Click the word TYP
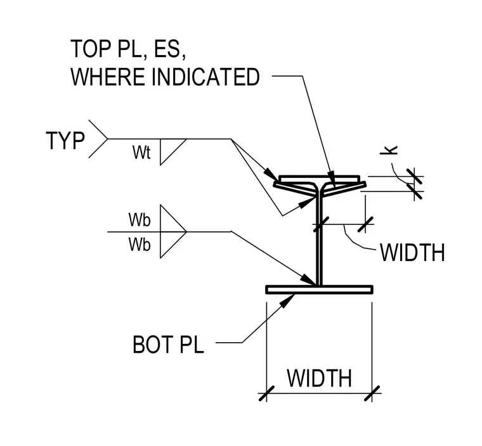tap(65, 141)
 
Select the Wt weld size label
tap(141, 152)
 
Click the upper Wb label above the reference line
tap(140, 220)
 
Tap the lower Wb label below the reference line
tap(140, 245)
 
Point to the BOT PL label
tap(168, 345)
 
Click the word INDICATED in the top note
tap(205, 77)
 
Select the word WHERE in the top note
tap(108, 77)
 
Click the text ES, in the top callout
tap(170, 49)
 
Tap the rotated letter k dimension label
tap(389, 150)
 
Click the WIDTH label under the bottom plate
tap(320, 378)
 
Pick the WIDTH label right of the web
tap(412, 253)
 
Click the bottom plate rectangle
tap(320, 290)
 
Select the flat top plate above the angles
tap(320, 179)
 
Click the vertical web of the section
tap(320, 239)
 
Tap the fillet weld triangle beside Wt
tap(173, 152)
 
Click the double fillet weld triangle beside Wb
tap(173, 231)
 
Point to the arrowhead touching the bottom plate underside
tap(287, 301)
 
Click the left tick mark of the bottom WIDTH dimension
tap(266, 393)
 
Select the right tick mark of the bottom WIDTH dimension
tap(372, 393)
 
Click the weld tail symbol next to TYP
tap(98, 139)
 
